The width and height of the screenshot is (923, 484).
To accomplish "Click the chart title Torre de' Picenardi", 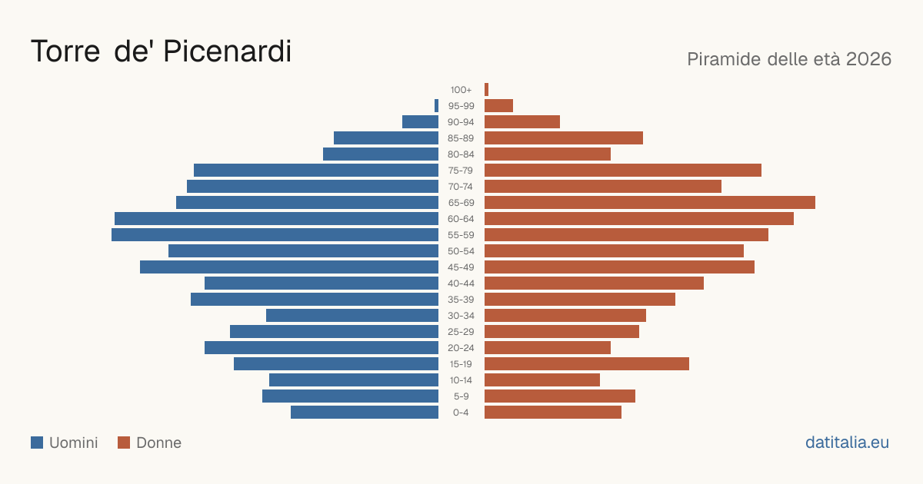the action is point(161,51).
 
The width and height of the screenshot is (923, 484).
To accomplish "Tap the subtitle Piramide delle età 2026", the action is point(789,59).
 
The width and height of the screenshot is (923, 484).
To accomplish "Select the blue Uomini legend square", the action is point(37,443).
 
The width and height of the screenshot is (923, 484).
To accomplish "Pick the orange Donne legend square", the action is point(124,443).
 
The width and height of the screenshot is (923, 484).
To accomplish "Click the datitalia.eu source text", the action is point(847,443).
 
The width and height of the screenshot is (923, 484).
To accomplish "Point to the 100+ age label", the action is point(461,90).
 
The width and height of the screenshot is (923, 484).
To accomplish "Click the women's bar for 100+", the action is point(487,90).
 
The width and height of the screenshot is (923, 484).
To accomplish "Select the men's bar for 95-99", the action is point(436,106).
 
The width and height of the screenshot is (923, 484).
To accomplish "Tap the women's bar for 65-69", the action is point(650,203).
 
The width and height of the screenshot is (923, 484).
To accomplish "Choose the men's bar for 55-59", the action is point(275,234).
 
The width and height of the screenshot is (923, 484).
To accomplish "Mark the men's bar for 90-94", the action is point(420,122).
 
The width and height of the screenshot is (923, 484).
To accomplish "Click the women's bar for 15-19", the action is point(587,364).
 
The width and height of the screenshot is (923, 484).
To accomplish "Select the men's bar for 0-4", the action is point(365,413).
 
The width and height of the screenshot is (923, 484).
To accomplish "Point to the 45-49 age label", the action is point(461,267).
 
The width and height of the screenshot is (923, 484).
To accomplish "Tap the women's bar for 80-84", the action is point(548,154).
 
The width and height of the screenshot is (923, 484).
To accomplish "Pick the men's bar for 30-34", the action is point(352,316).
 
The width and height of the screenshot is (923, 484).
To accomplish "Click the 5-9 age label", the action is point(461,396).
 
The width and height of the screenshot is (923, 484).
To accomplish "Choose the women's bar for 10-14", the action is point(542,380).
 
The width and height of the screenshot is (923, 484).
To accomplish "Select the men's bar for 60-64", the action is point(276,218).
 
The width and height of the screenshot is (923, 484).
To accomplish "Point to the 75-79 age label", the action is point(461,171).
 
